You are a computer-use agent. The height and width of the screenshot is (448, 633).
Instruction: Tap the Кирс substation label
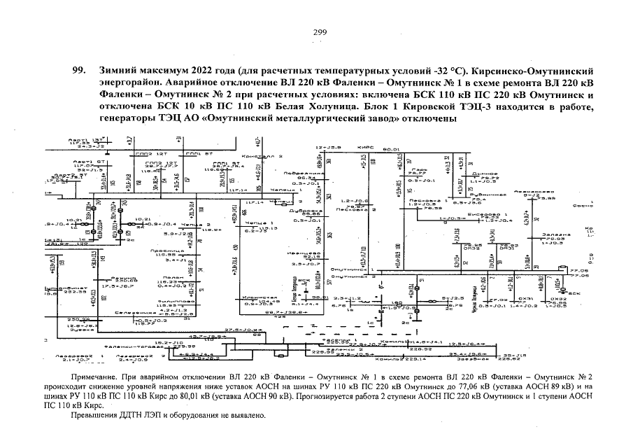362,148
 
